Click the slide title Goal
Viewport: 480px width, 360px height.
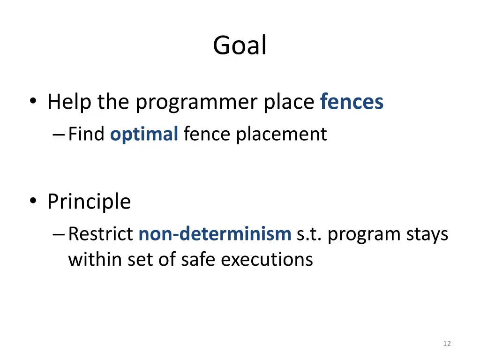coord(240,46)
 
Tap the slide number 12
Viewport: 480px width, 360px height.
coord(447,344)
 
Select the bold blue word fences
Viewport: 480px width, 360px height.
coord(352,102)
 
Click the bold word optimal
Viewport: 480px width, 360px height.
coord(144,135)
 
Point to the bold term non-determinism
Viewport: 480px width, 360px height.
coord(215,234)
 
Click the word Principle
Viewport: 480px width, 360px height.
coord(89,202)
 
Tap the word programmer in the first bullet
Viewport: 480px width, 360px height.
coord(197,103)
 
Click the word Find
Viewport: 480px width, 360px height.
coord(86,135)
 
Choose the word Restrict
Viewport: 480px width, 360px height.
coord(100,234)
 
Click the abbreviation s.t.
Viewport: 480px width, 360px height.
coord(309,234)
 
